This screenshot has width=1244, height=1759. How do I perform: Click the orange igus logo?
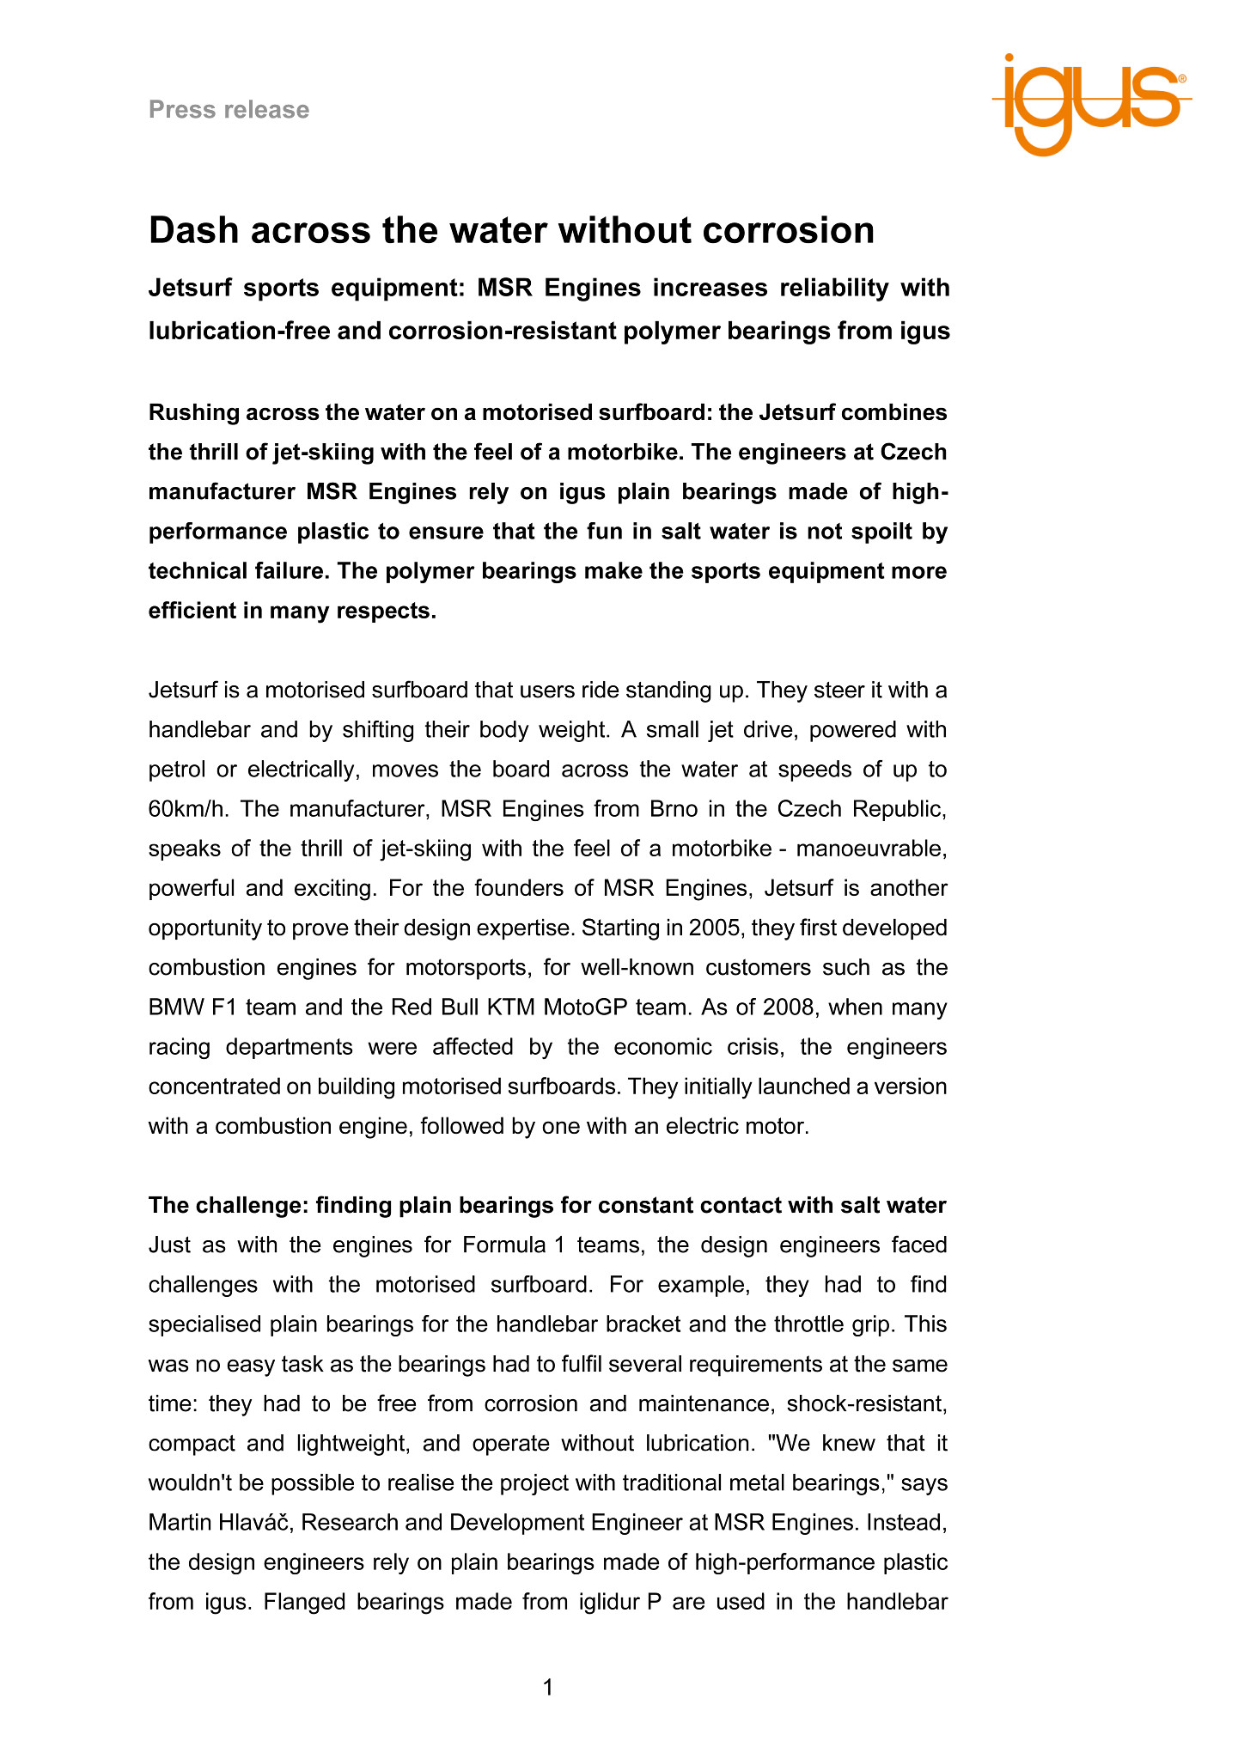[x=1091, y=103]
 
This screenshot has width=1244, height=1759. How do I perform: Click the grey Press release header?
[x=229, y=110]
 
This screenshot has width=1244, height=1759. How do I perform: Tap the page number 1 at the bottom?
[x=548, y=1688]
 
